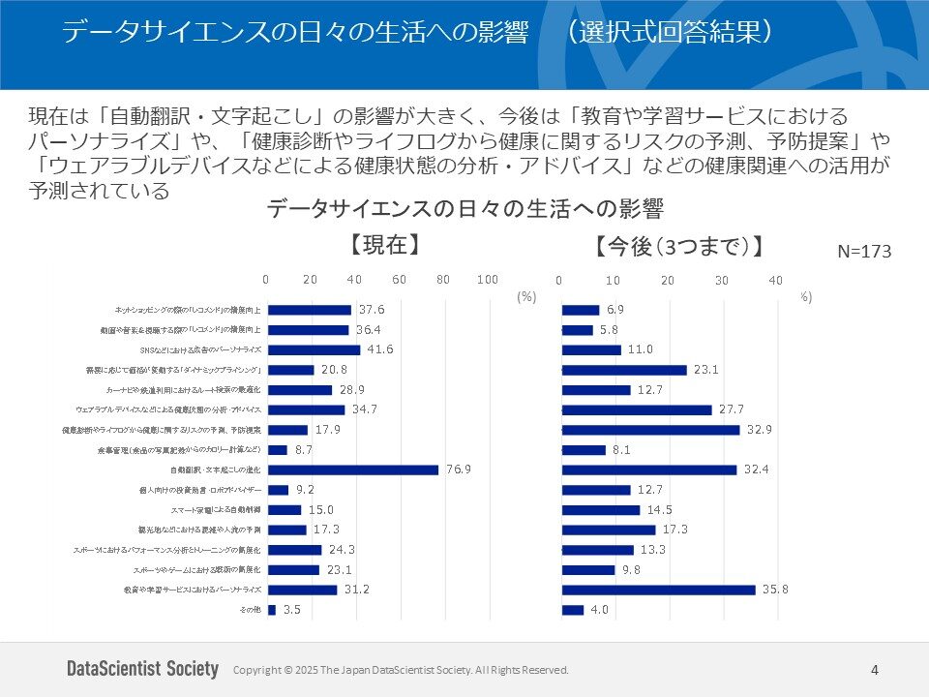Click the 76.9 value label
pos(459,470)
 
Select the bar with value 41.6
pos(314,349)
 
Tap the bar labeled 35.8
pos(658,590)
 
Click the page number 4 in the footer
pos(875,670)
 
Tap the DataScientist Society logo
pos(143,669)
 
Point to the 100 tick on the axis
pos(488,280)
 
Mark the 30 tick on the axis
pos(721,280)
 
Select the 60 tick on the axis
pos(399,280)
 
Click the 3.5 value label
pos(291,610)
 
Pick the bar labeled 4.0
pos(573,610)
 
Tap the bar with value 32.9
pos(650,429)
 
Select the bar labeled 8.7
pos(278,450)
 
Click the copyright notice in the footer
pos(401,670)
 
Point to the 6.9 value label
pos(615,310)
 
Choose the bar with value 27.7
pos(637,409)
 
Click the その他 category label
pos(249,610)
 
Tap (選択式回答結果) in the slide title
pos(671,32)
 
